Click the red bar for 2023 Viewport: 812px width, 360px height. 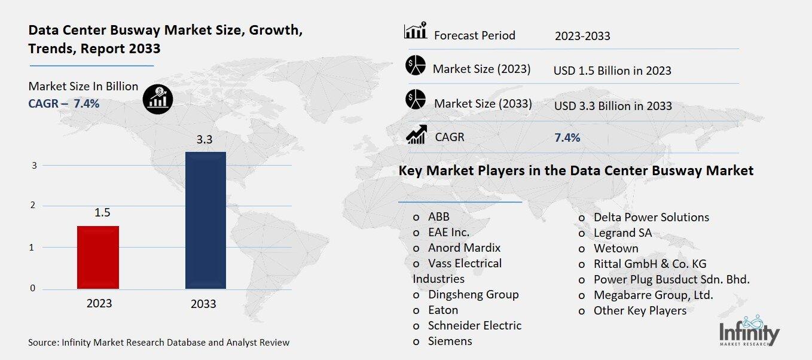coord(99,258)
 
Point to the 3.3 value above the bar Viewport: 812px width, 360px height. coord(204,140)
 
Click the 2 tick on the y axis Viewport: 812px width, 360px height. coord(32,206)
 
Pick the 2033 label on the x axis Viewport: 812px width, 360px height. coord(203,304)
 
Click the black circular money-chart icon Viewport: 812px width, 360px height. coord(158,97)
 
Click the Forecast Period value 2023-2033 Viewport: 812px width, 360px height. coord(582,36)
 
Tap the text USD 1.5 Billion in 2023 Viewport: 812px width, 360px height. coord(612,71)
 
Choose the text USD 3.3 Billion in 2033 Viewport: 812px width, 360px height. coord(612,106)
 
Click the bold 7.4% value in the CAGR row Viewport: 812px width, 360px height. coord(567,138)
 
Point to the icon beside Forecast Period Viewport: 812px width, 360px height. coord(415,31)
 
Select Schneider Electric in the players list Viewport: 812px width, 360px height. coord(474,325)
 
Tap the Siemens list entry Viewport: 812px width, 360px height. coord(450,341)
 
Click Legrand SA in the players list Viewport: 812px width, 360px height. coord(622,233)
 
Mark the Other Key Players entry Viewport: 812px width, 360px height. coord(639,310)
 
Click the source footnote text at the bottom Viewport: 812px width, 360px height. coord(158,343)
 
